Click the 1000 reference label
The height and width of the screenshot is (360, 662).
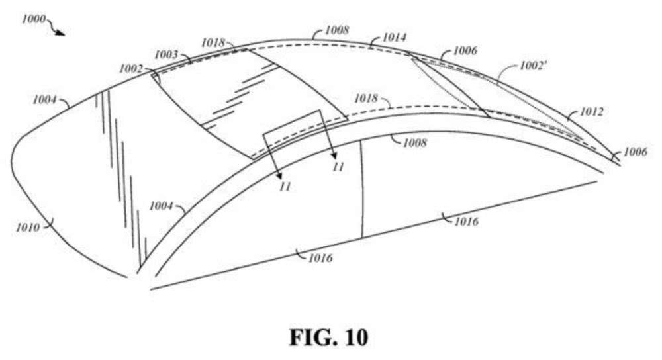[33, 19]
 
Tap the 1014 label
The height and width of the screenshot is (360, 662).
[395, 38]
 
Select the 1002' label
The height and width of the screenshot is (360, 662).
[533, 66]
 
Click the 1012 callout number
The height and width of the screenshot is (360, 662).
[591, 111]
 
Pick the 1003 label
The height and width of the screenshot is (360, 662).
[166, 54]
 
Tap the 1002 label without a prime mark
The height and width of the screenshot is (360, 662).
[131, 68]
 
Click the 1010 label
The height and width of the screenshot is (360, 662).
[28, 228]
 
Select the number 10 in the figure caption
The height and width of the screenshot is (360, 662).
[356, 337]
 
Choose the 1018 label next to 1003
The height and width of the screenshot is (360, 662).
[213, 42]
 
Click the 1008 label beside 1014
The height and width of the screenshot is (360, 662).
[337, 30]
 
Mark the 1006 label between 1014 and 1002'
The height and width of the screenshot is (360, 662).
[465, 51]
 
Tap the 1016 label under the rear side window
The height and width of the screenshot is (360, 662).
[466, 221]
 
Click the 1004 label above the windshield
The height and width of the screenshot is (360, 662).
[44, 100]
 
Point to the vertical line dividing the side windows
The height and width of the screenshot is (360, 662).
[361, 189]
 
